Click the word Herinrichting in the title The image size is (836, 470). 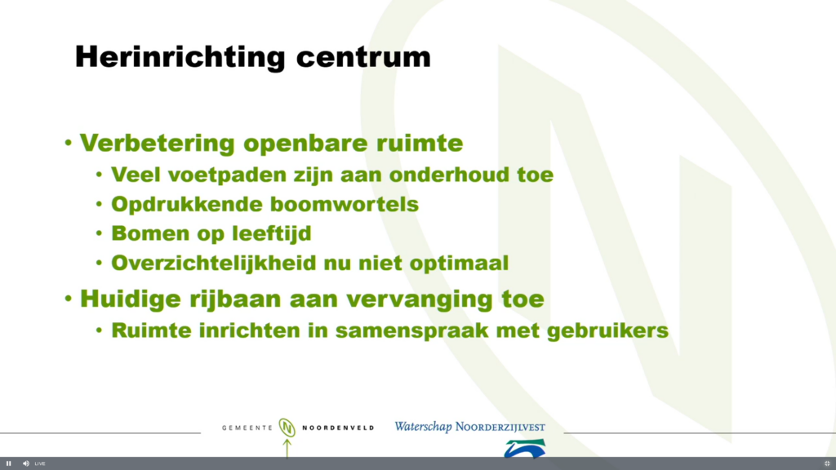(180, 58)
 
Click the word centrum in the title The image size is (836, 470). (363, 58)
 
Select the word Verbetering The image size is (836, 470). (158, 144)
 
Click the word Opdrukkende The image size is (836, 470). (187, 205)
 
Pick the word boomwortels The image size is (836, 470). (345, 205)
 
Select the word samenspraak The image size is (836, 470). (411, 331)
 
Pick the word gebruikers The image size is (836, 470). (607, 331)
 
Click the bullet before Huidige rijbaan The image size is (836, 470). (69, 299)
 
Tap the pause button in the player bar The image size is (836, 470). (8, 463)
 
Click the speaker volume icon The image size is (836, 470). (25, 463)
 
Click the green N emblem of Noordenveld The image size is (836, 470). (287, 428)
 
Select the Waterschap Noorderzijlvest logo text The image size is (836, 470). (469, 427)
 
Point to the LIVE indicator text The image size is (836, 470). (40, 463)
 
